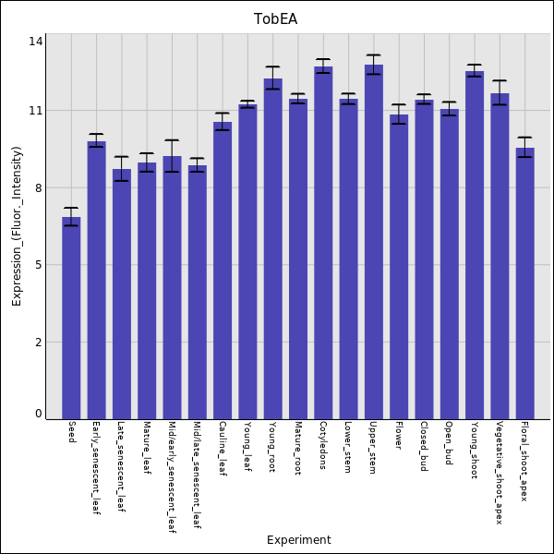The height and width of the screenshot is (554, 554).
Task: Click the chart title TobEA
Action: click(x=275, y=19)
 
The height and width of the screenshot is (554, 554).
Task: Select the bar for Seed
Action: click(x=71, y=318)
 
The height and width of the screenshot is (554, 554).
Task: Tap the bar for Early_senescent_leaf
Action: click(x=96, y=280)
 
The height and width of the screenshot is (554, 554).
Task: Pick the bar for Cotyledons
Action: click(x=323, y=242)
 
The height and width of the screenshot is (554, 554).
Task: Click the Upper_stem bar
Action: click(x=373, y=241)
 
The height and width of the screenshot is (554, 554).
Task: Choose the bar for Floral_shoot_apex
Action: click(x=524, y=283)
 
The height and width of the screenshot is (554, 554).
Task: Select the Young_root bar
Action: click(x=272, y=248)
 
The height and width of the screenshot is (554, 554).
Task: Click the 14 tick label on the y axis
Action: click(x=36, y=42)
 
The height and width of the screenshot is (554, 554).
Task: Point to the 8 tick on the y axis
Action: click(x=39, y=188)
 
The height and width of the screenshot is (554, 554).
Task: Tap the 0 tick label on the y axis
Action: click(x=39, y=414)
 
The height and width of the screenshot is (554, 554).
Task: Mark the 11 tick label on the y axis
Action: click(x=36, y=111)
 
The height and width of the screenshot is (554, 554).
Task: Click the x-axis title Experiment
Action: click(x=298, y=540)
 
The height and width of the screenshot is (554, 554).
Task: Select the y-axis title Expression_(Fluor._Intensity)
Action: click(x=17, y=226)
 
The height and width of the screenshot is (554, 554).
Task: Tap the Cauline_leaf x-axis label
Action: click(x=222, y=449)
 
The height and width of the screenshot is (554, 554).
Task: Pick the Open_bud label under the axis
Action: click(x=449, y=444)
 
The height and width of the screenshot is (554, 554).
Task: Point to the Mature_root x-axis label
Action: click(x=297, y=448)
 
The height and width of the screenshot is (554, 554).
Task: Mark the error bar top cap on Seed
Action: click(x=71, y=208)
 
